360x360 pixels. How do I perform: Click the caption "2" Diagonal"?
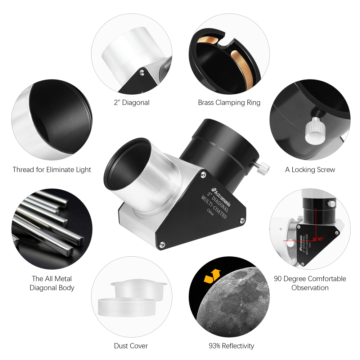pyautogui.click(x=131, y=103)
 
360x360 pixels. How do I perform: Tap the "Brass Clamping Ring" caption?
pyautogui.click(x=229, y=103)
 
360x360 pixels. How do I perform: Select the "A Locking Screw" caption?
pyautogui.click(x=310, y=170)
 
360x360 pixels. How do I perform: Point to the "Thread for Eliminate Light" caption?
pyautogui.click(x=52, y=170)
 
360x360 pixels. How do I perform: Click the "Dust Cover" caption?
pyautogui.click(x=131, y=346)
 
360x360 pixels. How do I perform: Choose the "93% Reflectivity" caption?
pyautogui.click(x=231, y=346)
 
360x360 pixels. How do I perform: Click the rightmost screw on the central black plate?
pyautogui.click(x=242, y=219)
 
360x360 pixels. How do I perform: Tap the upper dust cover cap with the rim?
pyautogui.click(x=139, y=288)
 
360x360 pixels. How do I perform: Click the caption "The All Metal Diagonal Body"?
pyautogui.click(x=52, y=283)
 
